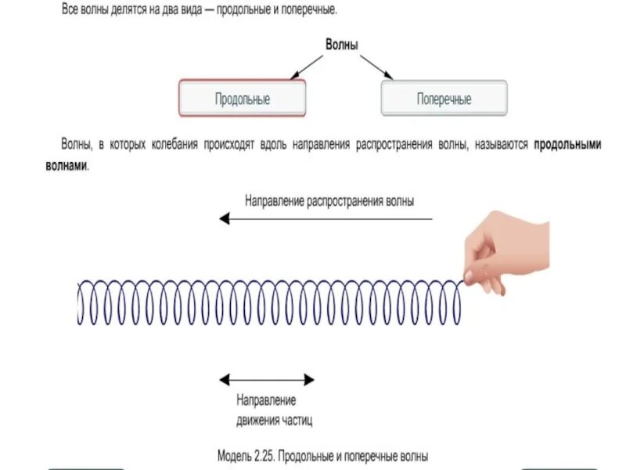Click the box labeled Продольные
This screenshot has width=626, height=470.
click(243, 99)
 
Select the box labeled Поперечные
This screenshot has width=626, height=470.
click(444, 99)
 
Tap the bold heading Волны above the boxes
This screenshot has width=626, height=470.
click(342, 45)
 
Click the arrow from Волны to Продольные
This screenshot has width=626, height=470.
click(306, 68)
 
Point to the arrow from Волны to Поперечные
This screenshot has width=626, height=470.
click(378, 68)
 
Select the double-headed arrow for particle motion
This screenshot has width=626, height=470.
click(266, 380)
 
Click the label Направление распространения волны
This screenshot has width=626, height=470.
click(329, 201)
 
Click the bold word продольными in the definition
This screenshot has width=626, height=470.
click(567, 145)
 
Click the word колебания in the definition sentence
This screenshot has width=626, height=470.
click(171, 145)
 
